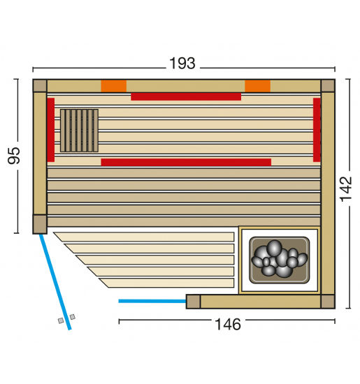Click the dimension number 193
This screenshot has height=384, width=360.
[x=182, y=63]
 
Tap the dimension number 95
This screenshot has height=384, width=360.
[x=14, y=156]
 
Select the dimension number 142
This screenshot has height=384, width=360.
[x=346, y=189]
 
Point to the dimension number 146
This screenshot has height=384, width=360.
[x=228, y=324]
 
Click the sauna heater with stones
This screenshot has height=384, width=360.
[x=280, y=260]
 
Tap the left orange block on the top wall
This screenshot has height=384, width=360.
[x=113, y=86]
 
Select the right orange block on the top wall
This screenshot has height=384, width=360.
[x=257, y=86]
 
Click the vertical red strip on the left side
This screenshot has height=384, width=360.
[x=51, y=130]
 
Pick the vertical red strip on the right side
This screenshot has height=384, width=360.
[x=317, y=130]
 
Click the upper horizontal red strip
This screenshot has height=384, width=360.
[x=186, y=96]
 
